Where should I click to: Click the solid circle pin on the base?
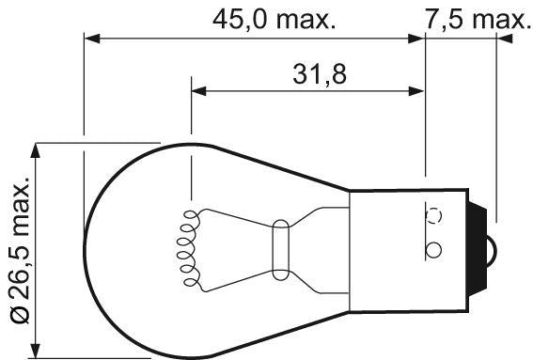[x=433, y=250]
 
